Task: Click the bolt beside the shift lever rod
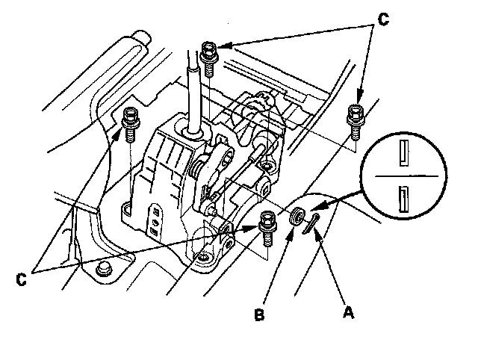[210, 55]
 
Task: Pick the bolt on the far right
[355, 117]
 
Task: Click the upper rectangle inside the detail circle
[405, 152]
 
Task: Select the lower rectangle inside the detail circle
[404, 201]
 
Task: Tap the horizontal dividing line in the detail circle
[404, 177]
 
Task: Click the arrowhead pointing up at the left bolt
[120, 134]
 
